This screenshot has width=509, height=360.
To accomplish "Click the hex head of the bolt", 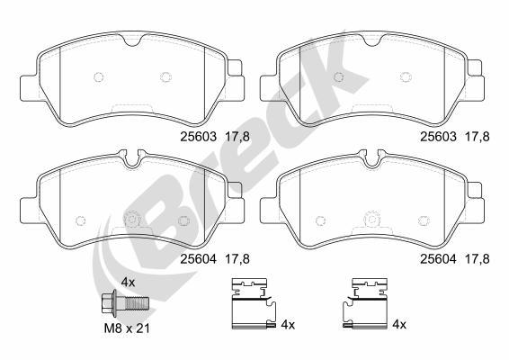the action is (x=107, y=302).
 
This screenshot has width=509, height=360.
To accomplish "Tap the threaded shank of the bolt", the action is (x=137, y=303).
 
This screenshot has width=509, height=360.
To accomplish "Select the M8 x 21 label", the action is (x=127, y=328).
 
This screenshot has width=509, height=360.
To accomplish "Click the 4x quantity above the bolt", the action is (x=128, y=283).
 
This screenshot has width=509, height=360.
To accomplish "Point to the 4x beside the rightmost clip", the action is (x=399, y=324).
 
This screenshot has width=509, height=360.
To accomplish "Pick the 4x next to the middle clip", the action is (x=288, y=324).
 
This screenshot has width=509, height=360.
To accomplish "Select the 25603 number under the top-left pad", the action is (x=199, y=137).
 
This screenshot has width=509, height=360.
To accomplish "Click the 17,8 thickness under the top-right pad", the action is (x=478, y=137).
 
